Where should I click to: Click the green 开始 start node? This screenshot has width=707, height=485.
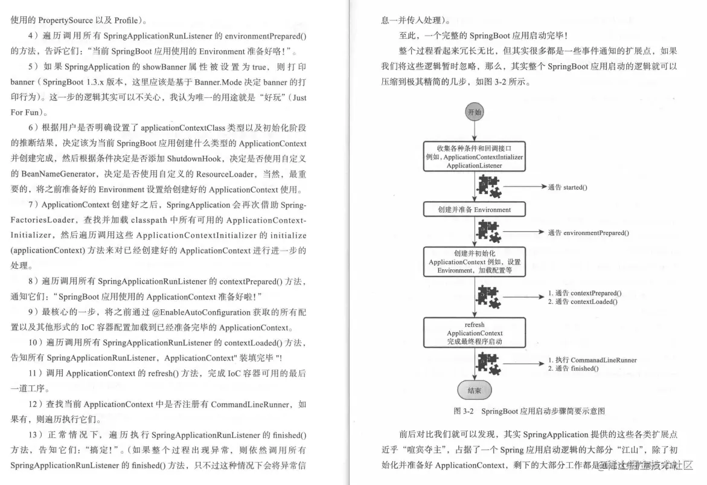tap(474, 112)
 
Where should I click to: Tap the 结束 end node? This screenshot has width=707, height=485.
tap(474, 391)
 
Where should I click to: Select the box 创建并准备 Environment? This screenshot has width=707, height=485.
tap(474, 210)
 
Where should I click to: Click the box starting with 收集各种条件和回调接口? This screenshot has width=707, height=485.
tap(474, 156)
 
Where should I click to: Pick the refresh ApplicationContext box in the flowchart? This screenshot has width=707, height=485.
tap(474, 333)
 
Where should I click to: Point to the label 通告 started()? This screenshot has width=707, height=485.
tap(568, 187)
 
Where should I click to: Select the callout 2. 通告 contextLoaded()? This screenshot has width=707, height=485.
tap(582, 301)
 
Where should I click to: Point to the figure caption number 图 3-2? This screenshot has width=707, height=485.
tap(464, 411)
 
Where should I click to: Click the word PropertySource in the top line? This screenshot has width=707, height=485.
tap(65, 20)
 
